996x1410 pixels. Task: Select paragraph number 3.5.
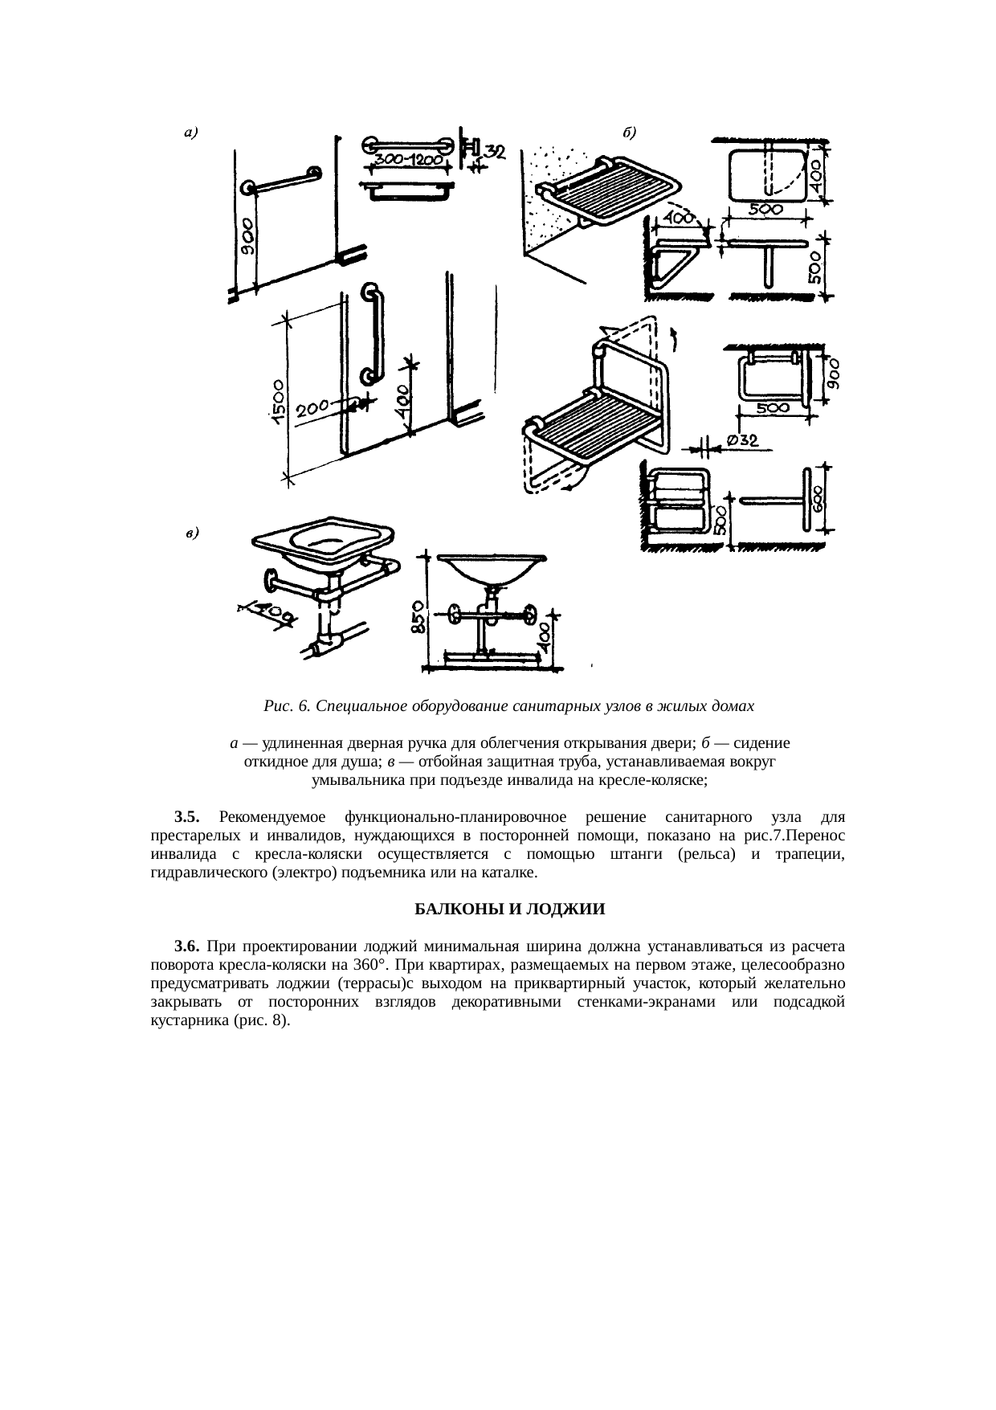[186, 817]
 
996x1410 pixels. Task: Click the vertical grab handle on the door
[372, 333]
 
